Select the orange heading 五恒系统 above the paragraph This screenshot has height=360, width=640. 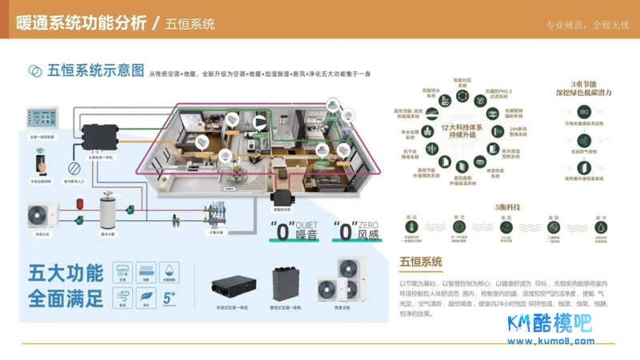pos(421,262)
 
